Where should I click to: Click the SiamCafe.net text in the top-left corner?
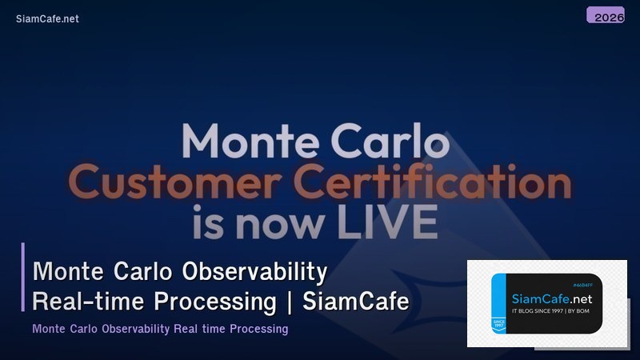pos(47,18)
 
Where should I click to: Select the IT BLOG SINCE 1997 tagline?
pos(537,310)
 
